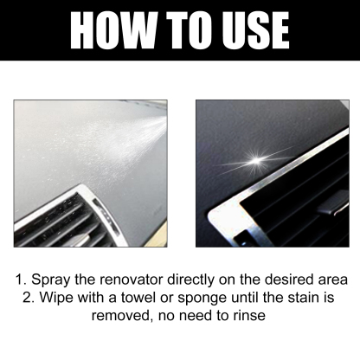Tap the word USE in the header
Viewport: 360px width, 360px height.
248,30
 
